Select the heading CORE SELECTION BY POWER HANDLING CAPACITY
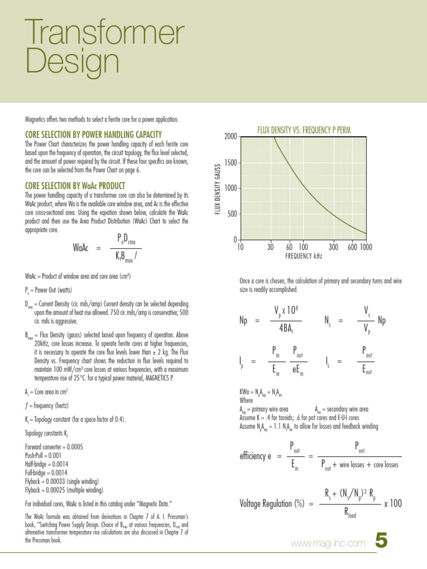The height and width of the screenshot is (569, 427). (x=93, y=134)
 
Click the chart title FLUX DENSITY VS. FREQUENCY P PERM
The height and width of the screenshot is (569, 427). (x=304, y=131)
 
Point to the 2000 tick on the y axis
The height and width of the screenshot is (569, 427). (x=230, y=137)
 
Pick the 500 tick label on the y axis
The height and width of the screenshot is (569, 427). (x=232, y=214)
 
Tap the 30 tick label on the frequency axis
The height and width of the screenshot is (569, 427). (x=270, y=247)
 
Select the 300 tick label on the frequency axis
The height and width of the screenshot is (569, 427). (x=333, y=247)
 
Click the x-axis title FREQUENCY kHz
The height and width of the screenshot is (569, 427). (x=304, y=256)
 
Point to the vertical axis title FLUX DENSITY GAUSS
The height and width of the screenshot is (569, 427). (x=218, y=187)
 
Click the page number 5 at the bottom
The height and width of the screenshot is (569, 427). (x=381, y=541)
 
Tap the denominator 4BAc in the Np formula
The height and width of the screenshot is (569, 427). (x=286, y=327)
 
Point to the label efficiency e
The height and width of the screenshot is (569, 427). (x=255, y=456)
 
